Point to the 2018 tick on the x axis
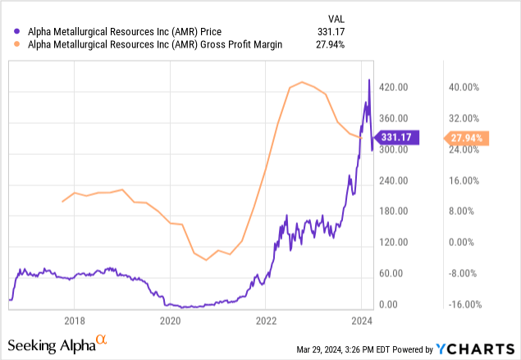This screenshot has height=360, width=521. click(x=75, y=321)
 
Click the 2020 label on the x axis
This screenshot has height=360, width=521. click(x=170, y=321)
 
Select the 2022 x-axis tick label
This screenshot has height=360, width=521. click(x=266, y=321)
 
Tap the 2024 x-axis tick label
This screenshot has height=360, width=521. click(x=361, y=321)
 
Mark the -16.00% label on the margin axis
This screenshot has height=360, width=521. click(x=465, y=304)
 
